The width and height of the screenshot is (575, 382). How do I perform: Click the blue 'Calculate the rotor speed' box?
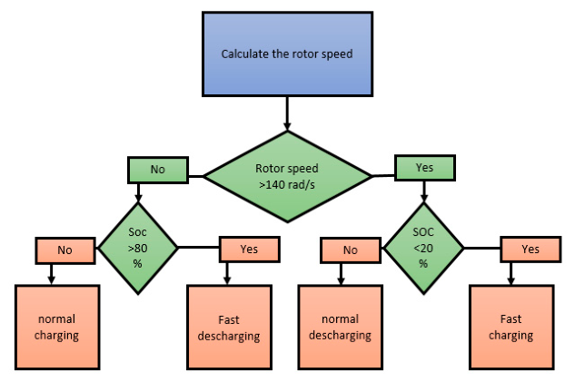[287, 54]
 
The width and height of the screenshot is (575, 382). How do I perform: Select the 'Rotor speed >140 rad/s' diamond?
[287, 177]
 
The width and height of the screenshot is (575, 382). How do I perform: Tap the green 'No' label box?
[158, 170]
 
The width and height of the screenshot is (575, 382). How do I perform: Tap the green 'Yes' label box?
[424, 168]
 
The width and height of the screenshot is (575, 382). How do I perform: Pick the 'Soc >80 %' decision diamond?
[138, 249]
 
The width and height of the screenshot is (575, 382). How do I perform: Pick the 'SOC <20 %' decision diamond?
[423, 249]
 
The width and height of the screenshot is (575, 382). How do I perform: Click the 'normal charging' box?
[57, 327]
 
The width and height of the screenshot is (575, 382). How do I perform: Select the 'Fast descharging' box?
[229, 327]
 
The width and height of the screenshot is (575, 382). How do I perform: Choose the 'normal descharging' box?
[341, 327]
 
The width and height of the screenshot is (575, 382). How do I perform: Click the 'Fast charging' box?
[511, 327]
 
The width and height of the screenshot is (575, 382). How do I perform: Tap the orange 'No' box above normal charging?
[65, 250]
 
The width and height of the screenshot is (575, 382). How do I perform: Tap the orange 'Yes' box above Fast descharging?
[250, 250]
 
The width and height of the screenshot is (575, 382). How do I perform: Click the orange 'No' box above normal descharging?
[351, 250]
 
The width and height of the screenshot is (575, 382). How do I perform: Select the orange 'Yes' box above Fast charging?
[530, 250]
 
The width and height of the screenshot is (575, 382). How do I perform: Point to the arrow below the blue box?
[287, 113]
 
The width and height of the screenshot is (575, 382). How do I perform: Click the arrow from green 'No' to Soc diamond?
[138, 192]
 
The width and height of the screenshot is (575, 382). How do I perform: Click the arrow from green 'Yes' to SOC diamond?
[424, 191]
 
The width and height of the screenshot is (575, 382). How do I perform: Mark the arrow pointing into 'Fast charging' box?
[511, 274]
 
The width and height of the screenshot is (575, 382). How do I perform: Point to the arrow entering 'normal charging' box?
[52, 274]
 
